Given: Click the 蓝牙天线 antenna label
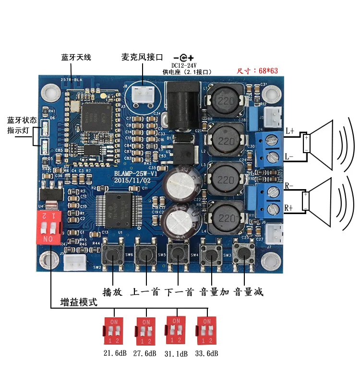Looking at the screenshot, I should [76, 57].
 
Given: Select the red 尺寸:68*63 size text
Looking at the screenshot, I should [257, 71].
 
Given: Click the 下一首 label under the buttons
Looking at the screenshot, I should [179, 292].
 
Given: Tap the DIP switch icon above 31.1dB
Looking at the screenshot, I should [176, 329].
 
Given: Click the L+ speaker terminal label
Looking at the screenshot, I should [289, 131].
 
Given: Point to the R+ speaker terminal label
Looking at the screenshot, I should [289, 207].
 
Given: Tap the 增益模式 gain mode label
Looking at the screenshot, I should [79, 302].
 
